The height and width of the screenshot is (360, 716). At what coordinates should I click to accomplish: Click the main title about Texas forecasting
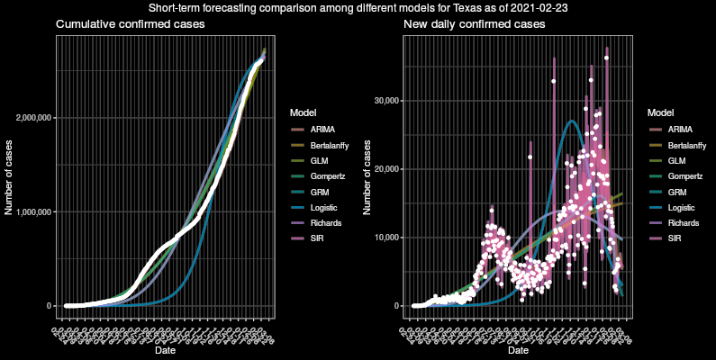[358, 7]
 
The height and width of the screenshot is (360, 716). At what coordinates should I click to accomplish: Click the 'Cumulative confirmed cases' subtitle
[130, 24]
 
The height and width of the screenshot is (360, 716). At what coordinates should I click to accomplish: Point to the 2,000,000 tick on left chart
[32, 118]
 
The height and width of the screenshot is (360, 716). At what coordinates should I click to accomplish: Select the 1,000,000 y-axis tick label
[32, 212]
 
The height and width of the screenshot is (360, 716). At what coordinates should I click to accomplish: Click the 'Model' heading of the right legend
[661, 112]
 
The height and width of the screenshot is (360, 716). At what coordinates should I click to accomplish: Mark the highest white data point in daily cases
[606, 58]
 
